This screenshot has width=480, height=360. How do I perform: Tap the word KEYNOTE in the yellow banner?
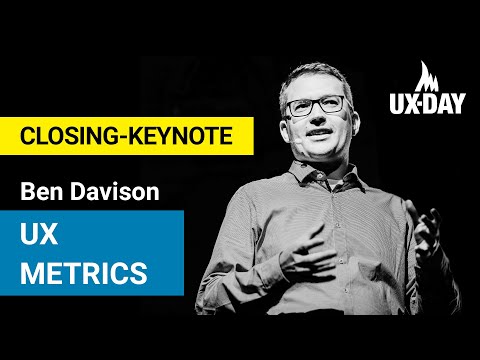coord(186,136)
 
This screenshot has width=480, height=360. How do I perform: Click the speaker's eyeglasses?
coord(316,104)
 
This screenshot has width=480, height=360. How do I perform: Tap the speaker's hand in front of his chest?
coord(300,255)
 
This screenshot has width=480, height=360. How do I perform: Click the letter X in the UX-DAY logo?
coord(410,102)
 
